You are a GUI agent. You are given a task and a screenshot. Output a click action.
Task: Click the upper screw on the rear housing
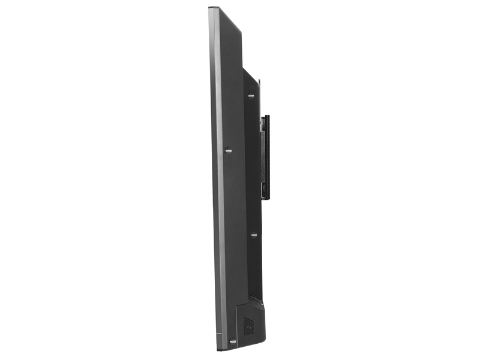pos(251,95)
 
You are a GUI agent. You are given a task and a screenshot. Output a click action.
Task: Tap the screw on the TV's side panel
pos(229,150)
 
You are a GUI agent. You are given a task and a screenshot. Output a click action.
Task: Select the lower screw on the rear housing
pos(254,235)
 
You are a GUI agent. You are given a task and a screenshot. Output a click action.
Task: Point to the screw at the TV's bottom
pos(232,341)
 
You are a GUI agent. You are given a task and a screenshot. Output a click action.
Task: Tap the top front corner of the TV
pos(211,8)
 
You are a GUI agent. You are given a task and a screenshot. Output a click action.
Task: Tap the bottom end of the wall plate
pos(266,198)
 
